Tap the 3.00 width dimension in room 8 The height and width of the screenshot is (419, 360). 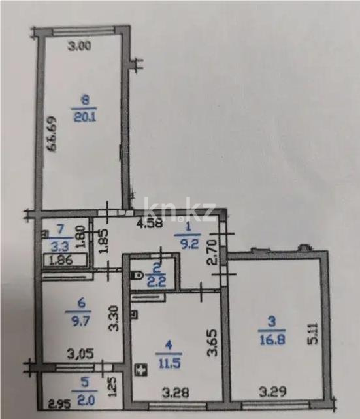81,46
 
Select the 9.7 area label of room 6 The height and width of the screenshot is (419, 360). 82,324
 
